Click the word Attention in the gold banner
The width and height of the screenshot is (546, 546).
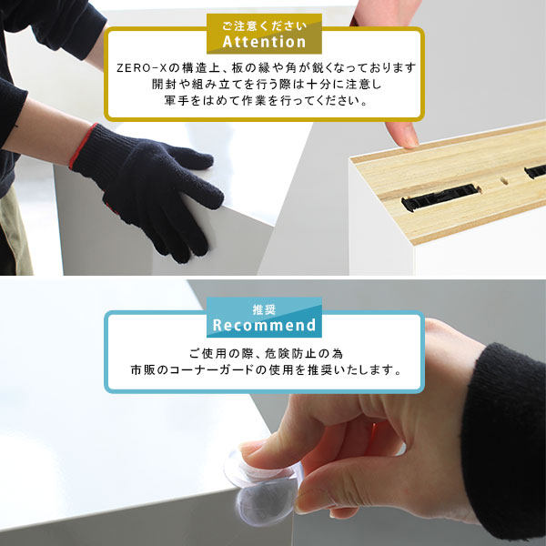264,42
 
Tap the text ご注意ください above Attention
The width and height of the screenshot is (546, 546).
264,23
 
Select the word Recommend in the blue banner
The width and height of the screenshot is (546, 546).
264,325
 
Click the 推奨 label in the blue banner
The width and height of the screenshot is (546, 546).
264,307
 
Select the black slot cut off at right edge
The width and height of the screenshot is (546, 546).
535,170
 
